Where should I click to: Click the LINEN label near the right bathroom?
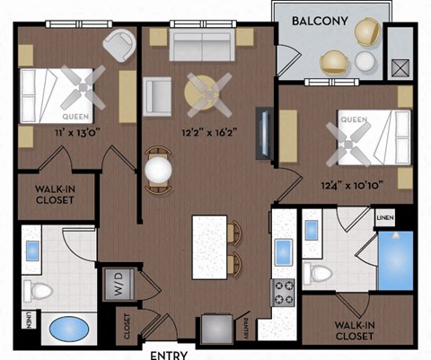(384, 217)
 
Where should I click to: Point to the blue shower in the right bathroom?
(394, 260)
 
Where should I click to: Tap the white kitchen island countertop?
(208, 246)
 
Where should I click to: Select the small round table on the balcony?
(365, 62)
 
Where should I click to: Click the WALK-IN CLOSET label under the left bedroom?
(54, 196)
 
